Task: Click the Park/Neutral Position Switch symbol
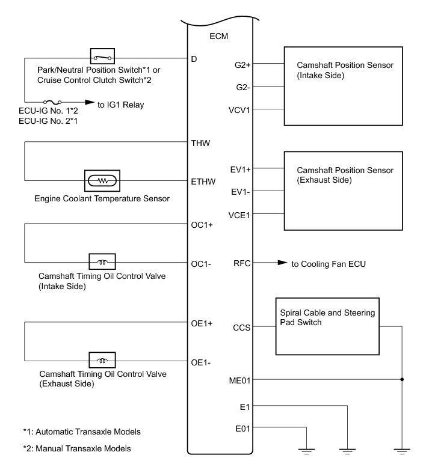click(x=102, y=58)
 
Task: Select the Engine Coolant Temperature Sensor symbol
click(x=102, y=180)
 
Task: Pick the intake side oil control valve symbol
click(x=102, y=262)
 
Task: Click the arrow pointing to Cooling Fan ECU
click(x=281, y=263)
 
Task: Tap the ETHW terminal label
click(x=202, y=180)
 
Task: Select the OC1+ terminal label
click(x=202, y=225)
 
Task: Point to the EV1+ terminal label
click(x=241, y=169)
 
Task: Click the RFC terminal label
click(x=242, y=263)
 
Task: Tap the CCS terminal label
click(x=242, y=328)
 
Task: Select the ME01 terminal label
click(x=241, y=379)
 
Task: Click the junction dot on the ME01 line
click(x=401, y=379)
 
